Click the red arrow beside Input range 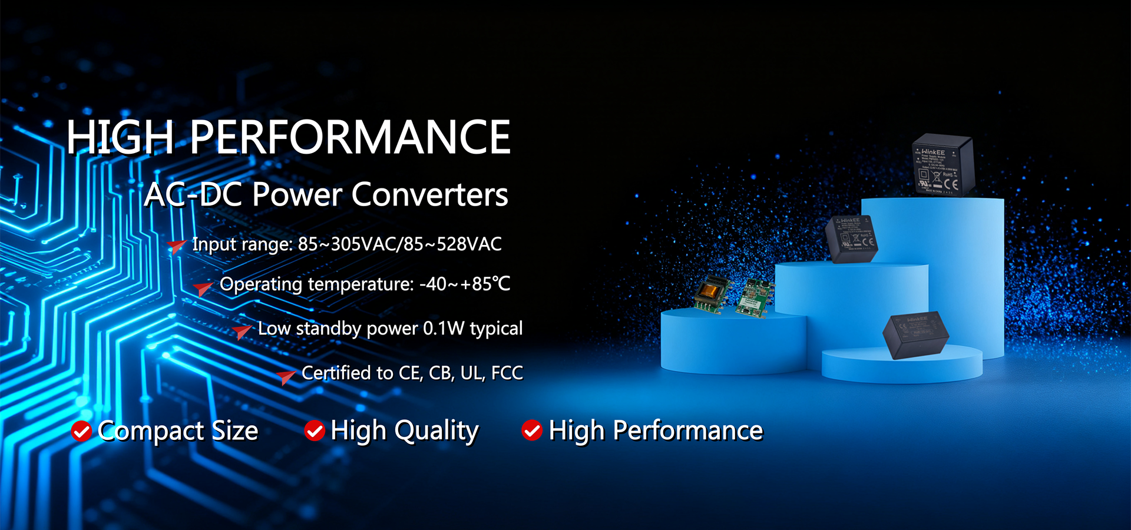[176, 246]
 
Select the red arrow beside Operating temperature [203, 287]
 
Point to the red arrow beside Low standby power [242, 331]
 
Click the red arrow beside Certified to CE [286, 376]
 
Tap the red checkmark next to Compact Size [81, 431]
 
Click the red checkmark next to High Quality [315, 431]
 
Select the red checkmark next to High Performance [532, 430]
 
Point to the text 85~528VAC [462, 244]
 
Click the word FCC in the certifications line [507, 373]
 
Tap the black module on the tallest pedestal [943, 165]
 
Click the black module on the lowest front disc [915, 334]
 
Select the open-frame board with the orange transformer [711, 293]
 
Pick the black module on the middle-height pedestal [852, 238]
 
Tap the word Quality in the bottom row [436, 431]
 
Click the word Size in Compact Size [234, 431]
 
